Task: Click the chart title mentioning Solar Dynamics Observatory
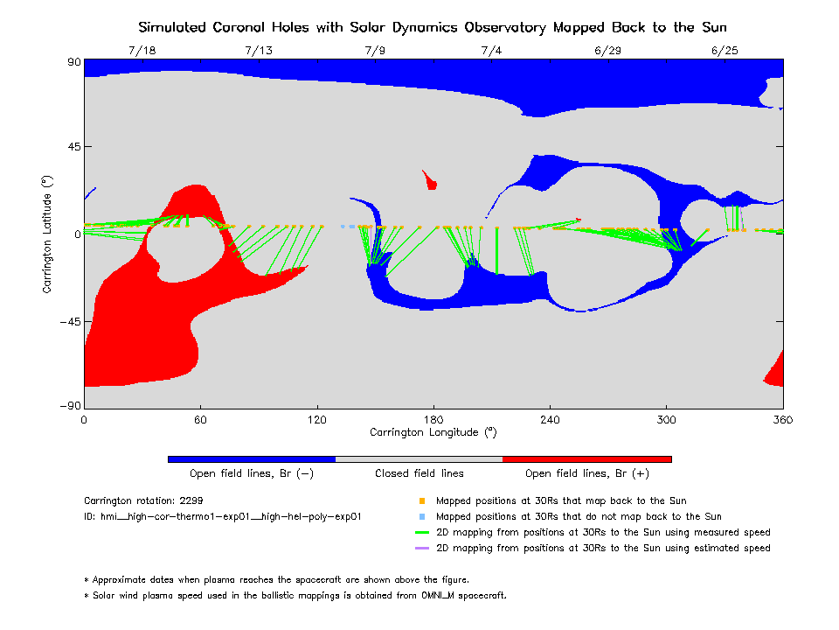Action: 433,27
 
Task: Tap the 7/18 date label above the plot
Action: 142,51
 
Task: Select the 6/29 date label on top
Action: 607,51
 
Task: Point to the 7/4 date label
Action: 491,51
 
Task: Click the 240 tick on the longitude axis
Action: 550,420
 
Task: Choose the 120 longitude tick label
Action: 316,420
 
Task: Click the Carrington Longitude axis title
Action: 433,432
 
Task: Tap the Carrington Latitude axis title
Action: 49,234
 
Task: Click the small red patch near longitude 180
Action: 429,180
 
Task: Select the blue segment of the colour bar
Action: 252,458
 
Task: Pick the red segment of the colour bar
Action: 587,458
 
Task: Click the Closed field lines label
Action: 419,473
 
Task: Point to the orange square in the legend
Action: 422,501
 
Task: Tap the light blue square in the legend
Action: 422,517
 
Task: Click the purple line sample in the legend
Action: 422,549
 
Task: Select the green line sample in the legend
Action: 422,533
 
